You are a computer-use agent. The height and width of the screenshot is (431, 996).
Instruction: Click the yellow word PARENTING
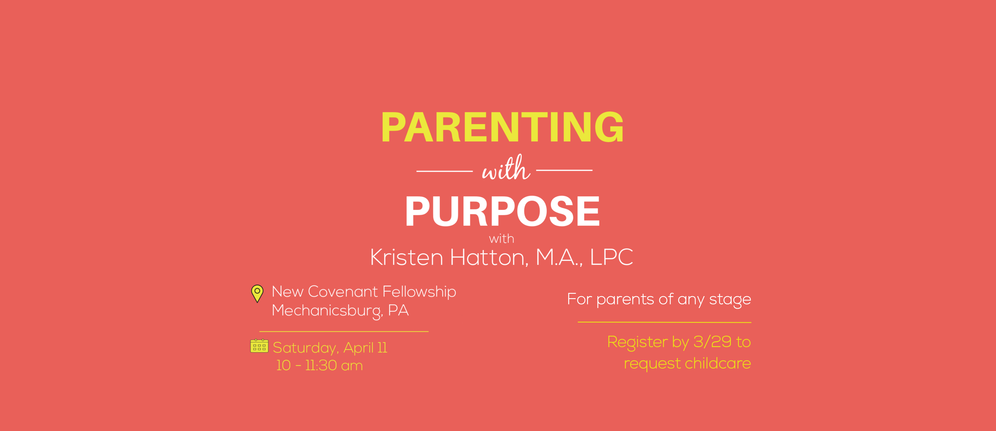coord(502,127)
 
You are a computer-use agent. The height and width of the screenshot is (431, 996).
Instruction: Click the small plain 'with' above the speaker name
coord(502,239)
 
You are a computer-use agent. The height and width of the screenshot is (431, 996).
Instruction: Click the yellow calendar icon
coord(259,345)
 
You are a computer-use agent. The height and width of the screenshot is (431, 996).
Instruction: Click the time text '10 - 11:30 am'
coord(319,366)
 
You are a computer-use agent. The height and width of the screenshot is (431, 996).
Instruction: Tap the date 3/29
coord(712,342)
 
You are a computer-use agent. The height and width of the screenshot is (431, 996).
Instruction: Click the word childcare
coord(718,363)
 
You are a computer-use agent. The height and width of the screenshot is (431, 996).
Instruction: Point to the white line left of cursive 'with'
coord(445,170)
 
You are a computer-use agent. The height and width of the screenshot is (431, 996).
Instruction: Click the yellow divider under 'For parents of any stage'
coord(664,322)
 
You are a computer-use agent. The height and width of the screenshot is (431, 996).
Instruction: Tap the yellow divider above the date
coord(344,332)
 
